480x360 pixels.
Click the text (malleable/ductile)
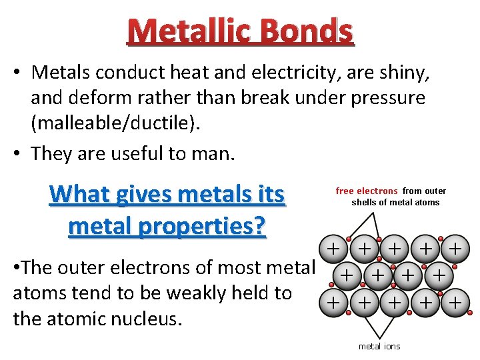pyautogui.click(x=107, y=125)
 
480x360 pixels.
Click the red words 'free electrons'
pyautogui.click(x=366, y=191)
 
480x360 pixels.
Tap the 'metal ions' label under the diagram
pyautogui.click(x=379, y=346)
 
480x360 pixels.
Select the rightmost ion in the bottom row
pyautogui.click(x=455, y=303)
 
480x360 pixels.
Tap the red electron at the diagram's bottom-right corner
pyautogui.click(x=469, y=311)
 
